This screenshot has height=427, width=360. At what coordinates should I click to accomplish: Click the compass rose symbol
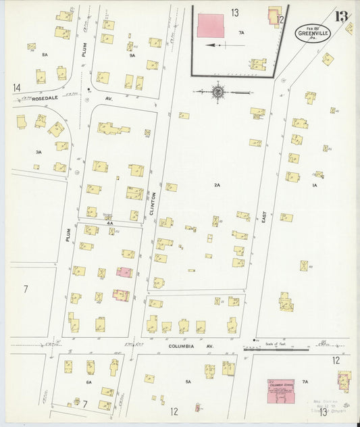219,91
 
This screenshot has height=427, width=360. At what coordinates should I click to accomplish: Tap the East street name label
264,215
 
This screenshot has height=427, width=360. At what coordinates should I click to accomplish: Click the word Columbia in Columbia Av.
180,346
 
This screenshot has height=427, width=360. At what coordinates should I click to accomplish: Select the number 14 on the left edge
16,87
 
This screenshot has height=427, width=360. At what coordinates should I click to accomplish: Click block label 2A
217,184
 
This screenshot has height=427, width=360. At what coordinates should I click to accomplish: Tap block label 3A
38,153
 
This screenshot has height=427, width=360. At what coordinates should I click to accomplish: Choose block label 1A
314,184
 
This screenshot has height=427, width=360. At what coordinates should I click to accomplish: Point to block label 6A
88,382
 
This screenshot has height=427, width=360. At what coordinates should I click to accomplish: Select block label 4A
109,222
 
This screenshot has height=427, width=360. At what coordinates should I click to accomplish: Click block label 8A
45,54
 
